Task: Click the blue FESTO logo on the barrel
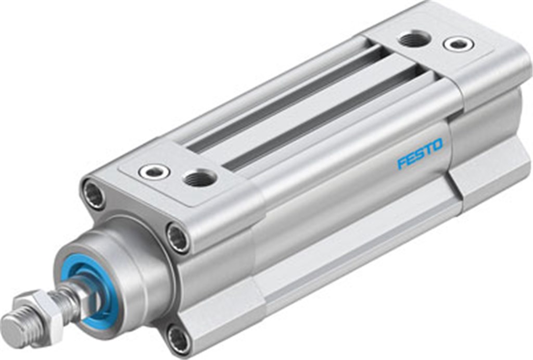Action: coord(420,153)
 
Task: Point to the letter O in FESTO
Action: coord(437,144)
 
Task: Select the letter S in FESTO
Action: coord(418,154)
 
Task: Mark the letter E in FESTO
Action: coord(410,158)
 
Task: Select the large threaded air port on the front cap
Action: coord(199,179)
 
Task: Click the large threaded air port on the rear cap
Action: coord(414,38)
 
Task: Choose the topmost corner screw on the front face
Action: coord(95,194)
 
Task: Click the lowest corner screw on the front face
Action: coord(179,339)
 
